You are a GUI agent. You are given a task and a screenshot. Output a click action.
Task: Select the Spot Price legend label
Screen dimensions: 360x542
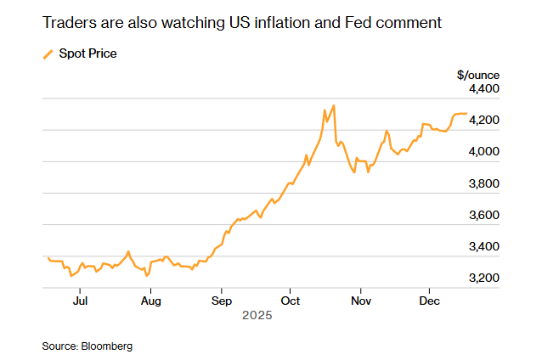pyautogui.click(x=88, y=54)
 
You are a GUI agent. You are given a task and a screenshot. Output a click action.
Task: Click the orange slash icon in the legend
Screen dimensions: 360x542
pyautogui.click(x=48, y=54)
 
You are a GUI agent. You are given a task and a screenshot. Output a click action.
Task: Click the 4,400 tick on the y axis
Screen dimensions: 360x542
pyautogui.click(x=483, y=88)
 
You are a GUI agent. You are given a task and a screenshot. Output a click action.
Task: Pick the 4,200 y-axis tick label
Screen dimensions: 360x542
pyautogui.click(x=483, y=120)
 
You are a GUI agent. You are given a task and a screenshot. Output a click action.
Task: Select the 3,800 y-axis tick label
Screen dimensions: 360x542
pyautogui.click(x=483, y=183)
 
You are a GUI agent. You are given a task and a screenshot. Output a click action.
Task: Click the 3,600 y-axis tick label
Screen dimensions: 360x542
pyautogui.click(x=483, y=215)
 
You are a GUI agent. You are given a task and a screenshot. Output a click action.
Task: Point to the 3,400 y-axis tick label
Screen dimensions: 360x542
pyautogui.click(x=483, y=246)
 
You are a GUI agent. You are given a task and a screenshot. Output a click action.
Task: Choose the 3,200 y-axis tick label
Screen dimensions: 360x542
pyautogui.click(x=483, y=278)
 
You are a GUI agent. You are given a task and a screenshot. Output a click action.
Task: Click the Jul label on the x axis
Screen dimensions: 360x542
pyautogui.click(x=80, y=301)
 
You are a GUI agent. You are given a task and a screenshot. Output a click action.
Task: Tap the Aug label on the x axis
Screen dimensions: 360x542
pyautogui.click(x=150, y=301)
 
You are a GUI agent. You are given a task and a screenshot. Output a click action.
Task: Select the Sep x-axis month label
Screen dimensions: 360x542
pyautogui.click(x=221, y=301)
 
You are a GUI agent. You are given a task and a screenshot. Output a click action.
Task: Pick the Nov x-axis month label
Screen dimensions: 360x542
pyautogui.click(x=362, y=301)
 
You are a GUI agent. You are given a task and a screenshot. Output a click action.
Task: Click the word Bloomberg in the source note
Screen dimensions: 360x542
pyautogui.click(x=107, y=346)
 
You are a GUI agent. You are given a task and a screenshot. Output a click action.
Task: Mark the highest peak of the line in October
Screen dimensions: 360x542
pyautogui.click(x=334, y=105)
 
